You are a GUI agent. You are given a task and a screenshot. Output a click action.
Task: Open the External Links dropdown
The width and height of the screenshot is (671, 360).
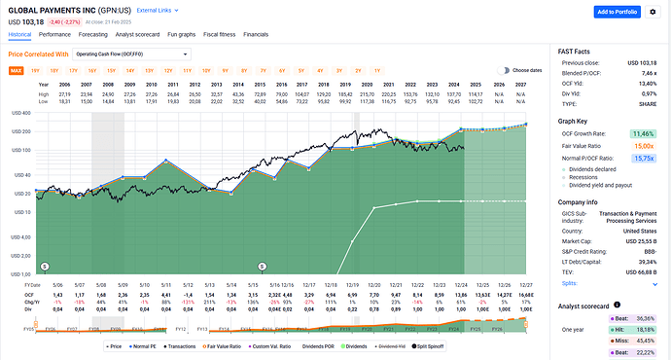159,10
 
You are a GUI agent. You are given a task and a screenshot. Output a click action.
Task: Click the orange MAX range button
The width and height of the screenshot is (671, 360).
17,70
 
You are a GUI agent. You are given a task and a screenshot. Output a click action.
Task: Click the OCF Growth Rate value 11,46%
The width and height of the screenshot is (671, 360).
640,131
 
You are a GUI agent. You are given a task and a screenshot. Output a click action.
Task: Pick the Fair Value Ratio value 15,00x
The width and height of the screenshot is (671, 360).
640,143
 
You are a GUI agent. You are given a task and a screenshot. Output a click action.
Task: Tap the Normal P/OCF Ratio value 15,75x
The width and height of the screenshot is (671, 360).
640,155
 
